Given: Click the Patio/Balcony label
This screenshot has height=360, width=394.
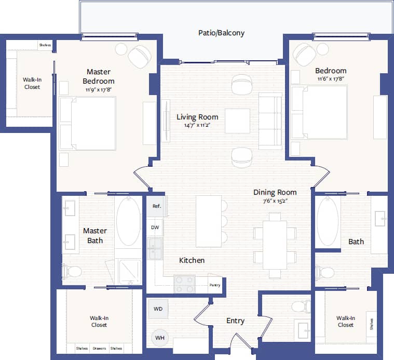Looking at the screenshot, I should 221,33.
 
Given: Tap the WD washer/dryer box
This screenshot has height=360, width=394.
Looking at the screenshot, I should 158,309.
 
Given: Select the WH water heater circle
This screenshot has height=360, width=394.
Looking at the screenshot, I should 159,338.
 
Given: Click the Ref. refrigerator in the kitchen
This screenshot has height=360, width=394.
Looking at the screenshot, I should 156,206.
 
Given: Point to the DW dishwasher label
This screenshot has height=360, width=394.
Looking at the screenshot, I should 155,228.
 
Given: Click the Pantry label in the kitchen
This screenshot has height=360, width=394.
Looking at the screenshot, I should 215,285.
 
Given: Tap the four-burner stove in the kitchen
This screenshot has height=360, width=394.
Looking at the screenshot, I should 184,284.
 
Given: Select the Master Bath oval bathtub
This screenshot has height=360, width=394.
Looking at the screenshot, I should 128,221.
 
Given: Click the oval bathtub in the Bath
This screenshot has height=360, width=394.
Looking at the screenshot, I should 328,222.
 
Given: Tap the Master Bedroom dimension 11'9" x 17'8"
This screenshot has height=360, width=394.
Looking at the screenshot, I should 99,89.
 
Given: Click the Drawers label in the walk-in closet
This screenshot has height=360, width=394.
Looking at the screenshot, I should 99,349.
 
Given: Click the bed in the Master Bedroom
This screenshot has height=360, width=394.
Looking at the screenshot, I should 88,123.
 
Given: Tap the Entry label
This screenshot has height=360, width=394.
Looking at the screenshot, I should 235,321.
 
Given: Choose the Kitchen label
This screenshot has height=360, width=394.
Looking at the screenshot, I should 192,260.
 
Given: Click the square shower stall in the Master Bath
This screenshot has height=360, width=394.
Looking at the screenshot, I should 129,272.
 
